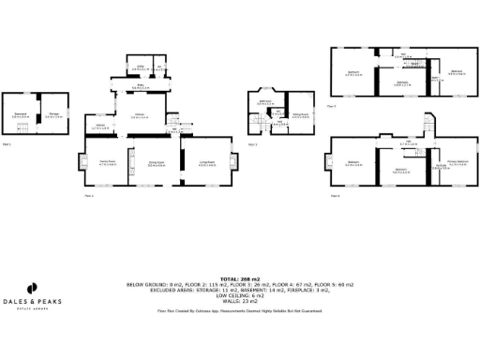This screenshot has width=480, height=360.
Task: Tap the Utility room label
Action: pos(140,67)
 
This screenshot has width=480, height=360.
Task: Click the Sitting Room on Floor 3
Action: pos(300,115)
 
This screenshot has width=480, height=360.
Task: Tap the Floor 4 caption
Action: pos(335,196)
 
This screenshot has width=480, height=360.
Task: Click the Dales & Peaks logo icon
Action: pos(31,288)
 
